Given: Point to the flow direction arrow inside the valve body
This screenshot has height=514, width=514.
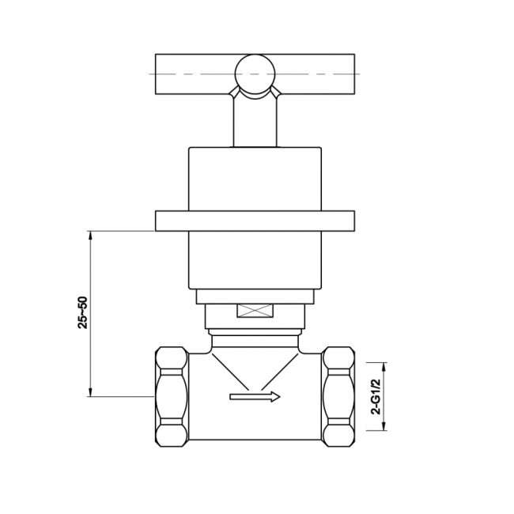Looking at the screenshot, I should pos(255,397).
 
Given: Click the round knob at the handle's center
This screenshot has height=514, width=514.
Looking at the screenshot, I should pos(255,75).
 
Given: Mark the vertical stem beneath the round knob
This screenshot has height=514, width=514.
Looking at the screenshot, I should pos(255,123).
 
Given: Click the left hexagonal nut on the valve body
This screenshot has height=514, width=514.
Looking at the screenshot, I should pos(171,397).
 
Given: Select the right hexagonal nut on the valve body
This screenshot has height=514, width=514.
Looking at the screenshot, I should pos(340,397).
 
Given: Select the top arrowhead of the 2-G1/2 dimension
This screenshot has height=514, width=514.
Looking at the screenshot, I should pos(385,365).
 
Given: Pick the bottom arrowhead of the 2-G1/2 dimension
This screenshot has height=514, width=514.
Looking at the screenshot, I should pos(385,429).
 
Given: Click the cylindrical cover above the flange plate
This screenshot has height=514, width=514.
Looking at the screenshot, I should pos(255,178).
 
